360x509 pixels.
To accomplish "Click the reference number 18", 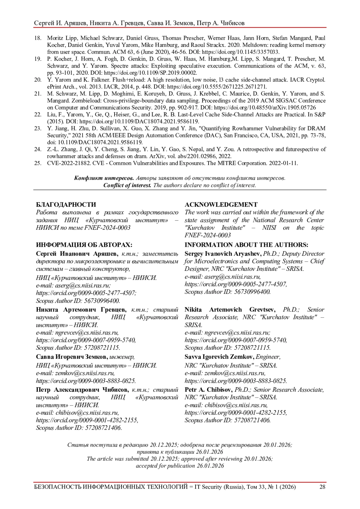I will [x=38, y=38].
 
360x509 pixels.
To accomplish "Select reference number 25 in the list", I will [x=38, y=163].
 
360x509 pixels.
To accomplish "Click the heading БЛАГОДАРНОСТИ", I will [x=66, y=205].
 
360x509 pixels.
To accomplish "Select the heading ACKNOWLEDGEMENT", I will [x=221, y=205].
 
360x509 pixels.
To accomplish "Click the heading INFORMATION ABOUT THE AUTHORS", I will [x=246, y=245].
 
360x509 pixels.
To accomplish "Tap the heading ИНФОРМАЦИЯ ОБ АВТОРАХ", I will [x=84, y=245].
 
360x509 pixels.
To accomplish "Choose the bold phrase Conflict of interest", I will [x=127, y=185].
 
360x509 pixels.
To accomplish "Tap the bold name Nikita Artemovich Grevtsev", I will [x=232, y=310].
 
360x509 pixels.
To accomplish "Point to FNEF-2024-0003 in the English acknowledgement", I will [x=208, y=235].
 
